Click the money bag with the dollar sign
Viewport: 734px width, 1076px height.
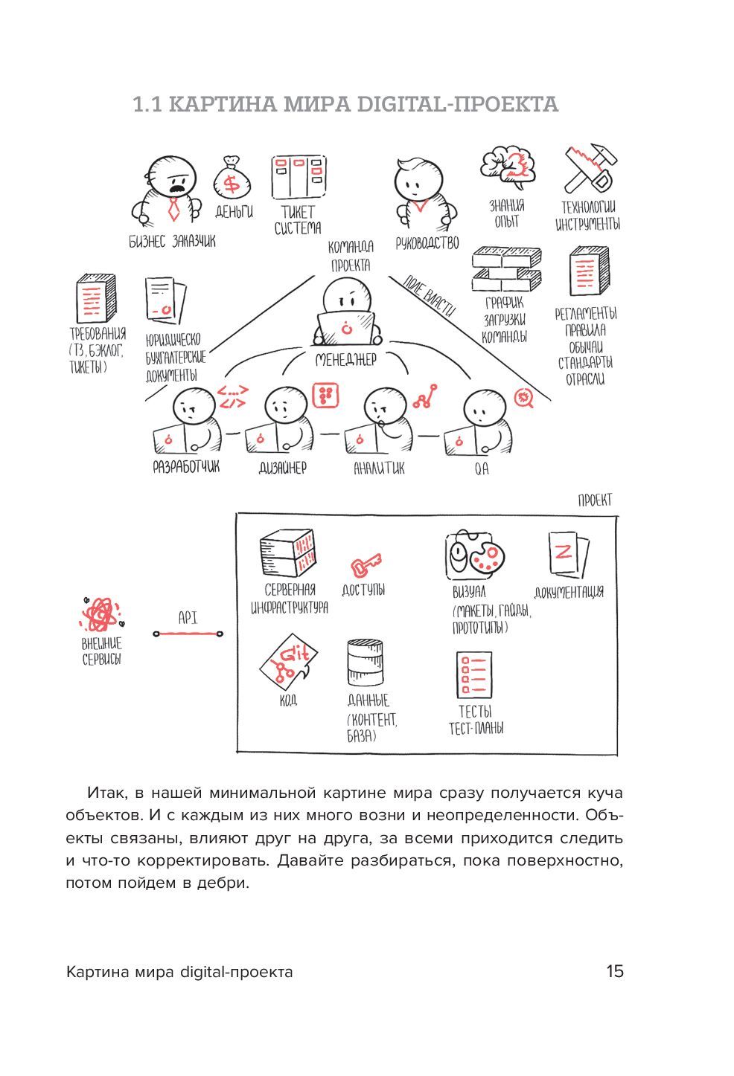[233, 181]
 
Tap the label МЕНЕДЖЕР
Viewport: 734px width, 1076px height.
[345, 360]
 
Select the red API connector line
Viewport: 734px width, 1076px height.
[188, 634]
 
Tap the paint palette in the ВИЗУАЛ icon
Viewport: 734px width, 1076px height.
[486, 557]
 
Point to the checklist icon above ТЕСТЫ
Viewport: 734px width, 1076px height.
[473, 674]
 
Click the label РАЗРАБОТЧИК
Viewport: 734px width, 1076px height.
[186, 468]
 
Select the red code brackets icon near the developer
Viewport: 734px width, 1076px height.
[233, 396]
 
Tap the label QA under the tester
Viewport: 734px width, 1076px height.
[482, 470]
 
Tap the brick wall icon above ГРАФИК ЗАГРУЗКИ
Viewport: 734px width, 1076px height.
[506, 270]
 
